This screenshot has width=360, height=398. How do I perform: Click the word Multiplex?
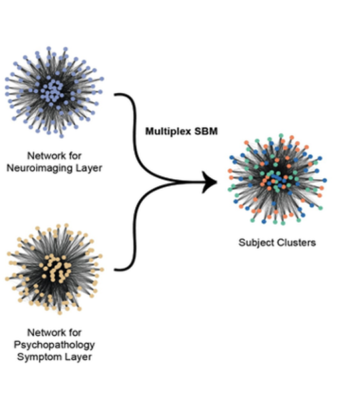[168, 131]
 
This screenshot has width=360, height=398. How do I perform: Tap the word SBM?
[206, 131]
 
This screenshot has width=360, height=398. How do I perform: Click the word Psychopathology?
[54, 345]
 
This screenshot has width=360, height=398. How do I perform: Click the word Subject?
[257, 243]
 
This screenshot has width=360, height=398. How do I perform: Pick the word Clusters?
[297, 243]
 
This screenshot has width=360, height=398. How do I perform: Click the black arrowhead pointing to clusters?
[209, 182]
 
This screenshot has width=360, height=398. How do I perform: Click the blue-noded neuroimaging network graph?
[54, 92]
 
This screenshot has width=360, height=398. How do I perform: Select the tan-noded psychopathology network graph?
[54, 269]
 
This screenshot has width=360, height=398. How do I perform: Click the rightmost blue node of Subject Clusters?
[325, 180]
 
